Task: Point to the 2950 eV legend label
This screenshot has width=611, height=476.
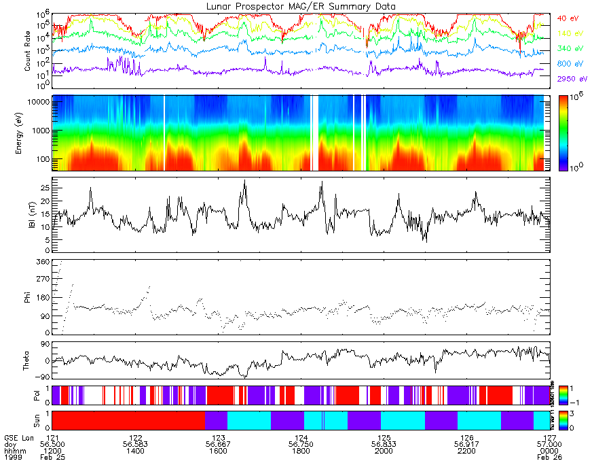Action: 571,79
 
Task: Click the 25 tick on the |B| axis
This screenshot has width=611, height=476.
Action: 44,187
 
